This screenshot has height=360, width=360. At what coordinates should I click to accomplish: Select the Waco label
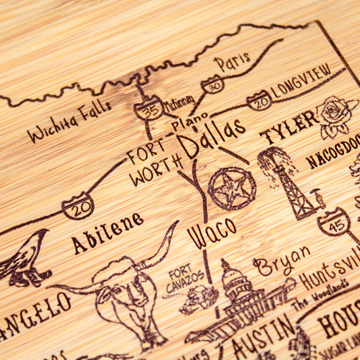click(x=212, y=233)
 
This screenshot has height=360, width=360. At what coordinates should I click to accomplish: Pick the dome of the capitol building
click(x=234, y=277)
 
